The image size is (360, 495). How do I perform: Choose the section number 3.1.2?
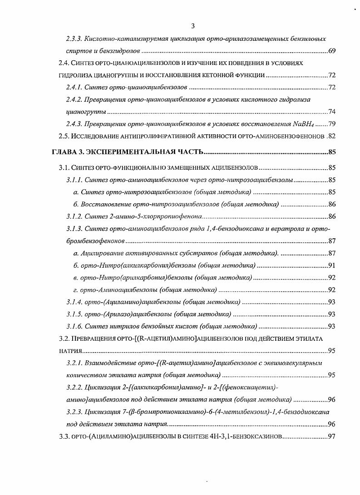(x=74, y=216)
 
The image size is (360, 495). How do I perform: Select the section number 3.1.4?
(x=74, y=302)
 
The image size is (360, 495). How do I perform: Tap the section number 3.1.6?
(x=74, y=326)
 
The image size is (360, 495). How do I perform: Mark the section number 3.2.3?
(x=74, y=412)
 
